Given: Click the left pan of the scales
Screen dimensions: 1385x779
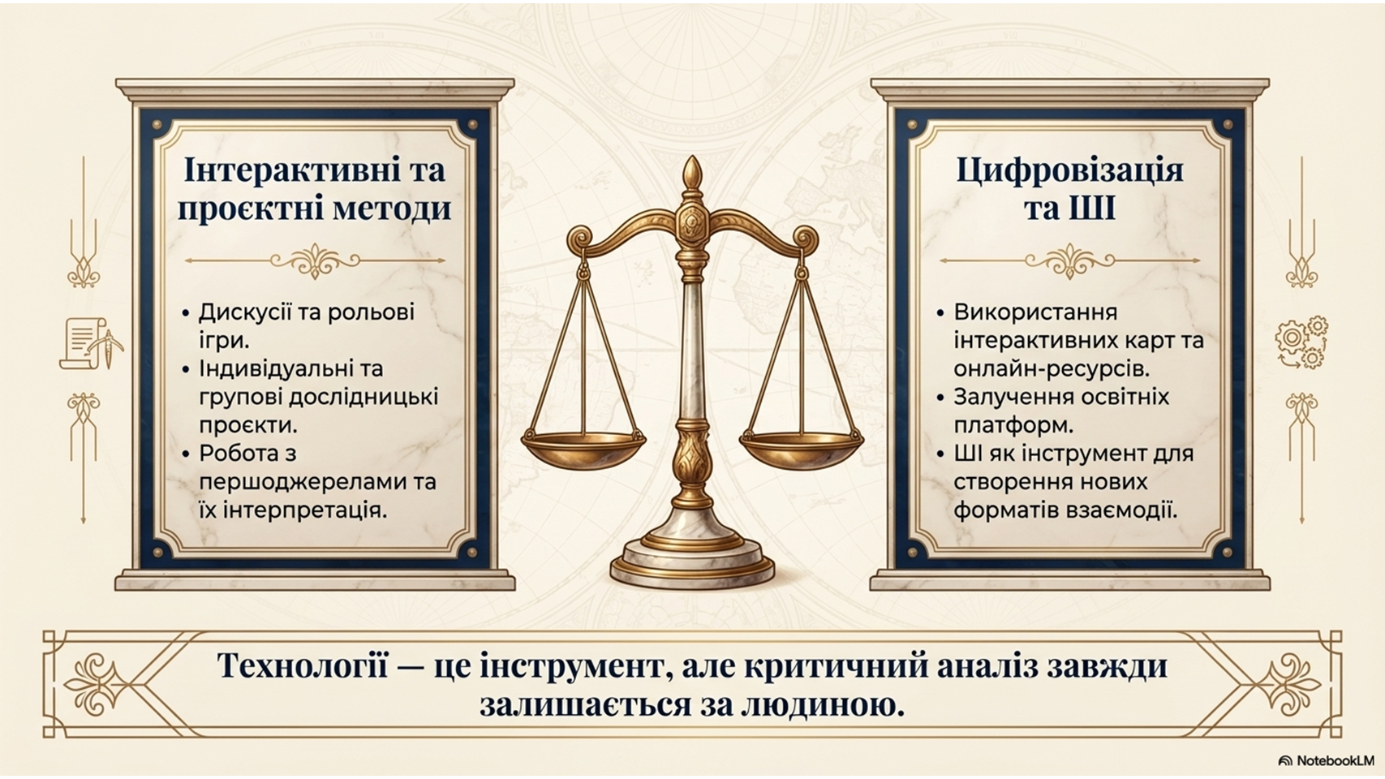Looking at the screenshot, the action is tap(583, 447).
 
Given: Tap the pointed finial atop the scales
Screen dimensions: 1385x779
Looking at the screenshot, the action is tap(693, 173).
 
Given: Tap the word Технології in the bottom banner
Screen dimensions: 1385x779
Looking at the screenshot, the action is tap(303, 667).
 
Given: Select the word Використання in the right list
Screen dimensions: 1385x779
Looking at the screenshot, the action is tap(1035, 312).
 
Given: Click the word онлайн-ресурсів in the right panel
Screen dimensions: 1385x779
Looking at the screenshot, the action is tap(1051, 369).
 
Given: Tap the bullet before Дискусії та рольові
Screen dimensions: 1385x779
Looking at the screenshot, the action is tap(186, 313).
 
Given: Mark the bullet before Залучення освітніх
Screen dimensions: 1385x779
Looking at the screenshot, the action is tap(940, 398).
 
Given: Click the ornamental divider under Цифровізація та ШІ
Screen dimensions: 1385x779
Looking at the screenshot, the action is tap(1069, 260).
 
